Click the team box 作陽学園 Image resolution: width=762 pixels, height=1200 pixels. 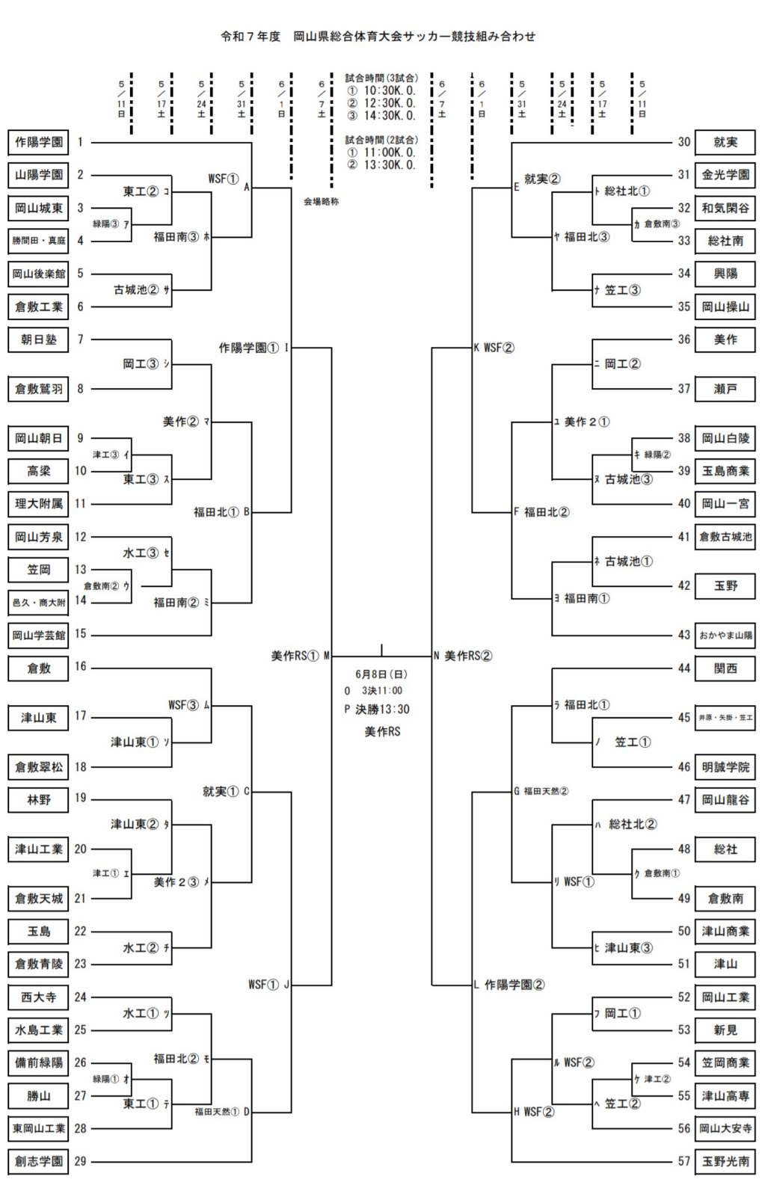coord(39,142)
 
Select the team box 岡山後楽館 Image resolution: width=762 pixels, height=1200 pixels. coord(39,274)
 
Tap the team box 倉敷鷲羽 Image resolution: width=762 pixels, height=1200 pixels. coord(39,389)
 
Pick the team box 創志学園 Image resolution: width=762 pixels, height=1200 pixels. coord(39,1161)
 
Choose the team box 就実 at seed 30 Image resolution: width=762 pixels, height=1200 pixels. coord(725,142)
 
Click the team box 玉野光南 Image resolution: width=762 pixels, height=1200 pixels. coord(725,1161)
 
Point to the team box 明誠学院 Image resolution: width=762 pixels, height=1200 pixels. coord(725,767)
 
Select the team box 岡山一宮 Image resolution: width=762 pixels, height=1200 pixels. coord(725,504)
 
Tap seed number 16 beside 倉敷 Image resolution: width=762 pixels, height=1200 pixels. coord(81,667)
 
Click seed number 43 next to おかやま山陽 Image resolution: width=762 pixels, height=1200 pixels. coord(683,635)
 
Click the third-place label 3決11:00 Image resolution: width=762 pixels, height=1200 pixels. coord(382,691)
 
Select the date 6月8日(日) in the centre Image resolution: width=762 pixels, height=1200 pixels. coord(381,674)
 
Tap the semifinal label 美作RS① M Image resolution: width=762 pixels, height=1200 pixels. coord(301,656)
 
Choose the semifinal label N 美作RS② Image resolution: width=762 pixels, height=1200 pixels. coord(464,656)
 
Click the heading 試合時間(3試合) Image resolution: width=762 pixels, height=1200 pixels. coord(381,78)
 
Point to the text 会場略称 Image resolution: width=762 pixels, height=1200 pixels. coord(321,202)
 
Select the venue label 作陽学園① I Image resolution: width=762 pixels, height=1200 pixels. coord(254,348)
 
